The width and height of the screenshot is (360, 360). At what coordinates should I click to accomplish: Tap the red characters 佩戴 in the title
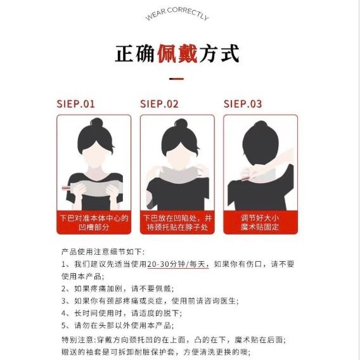177,54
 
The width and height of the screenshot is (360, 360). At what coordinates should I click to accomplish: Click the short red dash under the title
176,79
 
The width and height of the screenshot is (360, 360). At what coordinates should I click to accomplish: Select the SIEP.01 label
75,104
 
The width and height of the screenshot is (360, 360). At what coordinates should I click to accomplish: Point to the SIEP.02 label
159,104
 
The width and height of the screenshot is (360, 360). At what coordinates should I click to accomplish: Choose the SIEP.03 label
243,104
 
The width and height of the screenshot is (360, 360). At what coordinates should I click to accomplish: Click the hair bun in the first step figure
96,122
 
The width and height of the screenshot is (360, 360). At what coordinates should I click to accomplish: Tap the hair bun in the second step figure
181,124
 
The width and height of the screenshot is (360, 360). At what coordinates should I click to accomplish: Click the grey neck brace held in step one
94,188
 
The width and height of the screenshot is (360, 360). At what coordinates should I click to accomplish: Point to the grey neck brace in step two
179,174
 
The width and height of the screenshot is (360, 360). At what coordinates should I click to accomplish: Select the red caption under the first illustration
94,222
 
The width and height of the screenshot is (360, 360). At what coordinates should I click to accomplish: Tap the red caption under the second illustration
177,222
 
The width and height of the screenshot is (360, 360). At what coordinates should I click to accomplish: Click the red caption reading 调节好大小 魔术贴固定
260,222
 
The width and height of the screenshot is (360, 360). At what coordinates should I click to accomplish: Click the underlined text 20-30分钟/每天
178,264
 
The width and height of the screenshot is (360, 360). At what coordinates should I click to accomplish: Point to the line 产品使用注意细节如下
103,252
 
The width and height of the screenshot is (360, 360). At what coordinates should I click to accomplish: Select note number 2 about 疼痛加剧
117,288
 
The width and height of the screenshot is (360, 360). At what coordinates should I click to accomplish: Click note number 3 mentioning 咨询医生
150,301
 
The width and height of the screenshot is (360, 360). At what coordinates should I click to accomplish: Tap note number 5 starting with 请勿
117,325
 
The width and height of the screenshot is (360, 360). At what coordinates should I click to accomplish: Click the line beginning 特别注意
174,340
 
